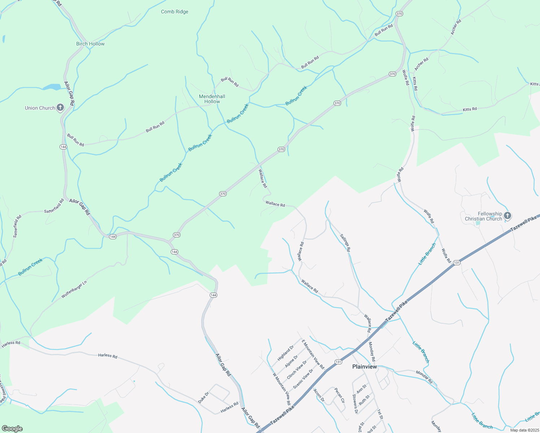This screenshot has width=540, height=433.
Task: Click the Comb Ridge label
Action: [x=175, y=12]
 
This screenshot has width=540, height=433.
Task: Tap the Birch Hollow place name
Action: [x=90, y=44]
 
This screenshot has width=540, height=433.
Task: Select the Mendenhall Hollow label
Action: [x=212, y=99]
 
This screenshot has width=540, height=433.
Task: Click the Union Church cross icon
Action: [x=60, y=108]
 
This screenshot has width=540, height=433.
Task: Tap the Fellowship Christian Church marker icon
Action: [x=508, y=216]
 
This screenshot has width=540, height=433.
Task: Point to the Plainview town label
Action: [x=365, y=367]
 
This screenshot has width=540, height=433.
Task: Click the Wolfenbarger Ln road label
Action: [x=74, y=289]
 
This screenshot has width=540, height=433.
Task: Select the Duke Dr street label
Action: [x=204, y=398]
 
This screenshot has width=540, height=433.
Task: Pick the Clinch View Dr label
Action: [x=297, y=370]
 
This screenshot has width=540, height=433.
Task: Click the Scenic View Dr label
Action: [x=303, y=379]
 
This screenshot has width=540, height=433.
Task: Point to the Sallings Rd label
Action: [x=345, y=242]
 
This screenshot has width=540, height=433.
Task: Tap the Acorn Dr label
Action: [x=319, y=395]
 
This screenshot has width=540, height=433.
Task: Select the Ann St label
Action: [x=361, y=389]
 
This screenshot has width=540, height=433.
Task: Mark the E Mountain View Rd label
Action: [x=313, y=354]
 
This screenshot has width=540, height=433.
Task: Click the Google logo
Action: [x=12, y=429]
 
